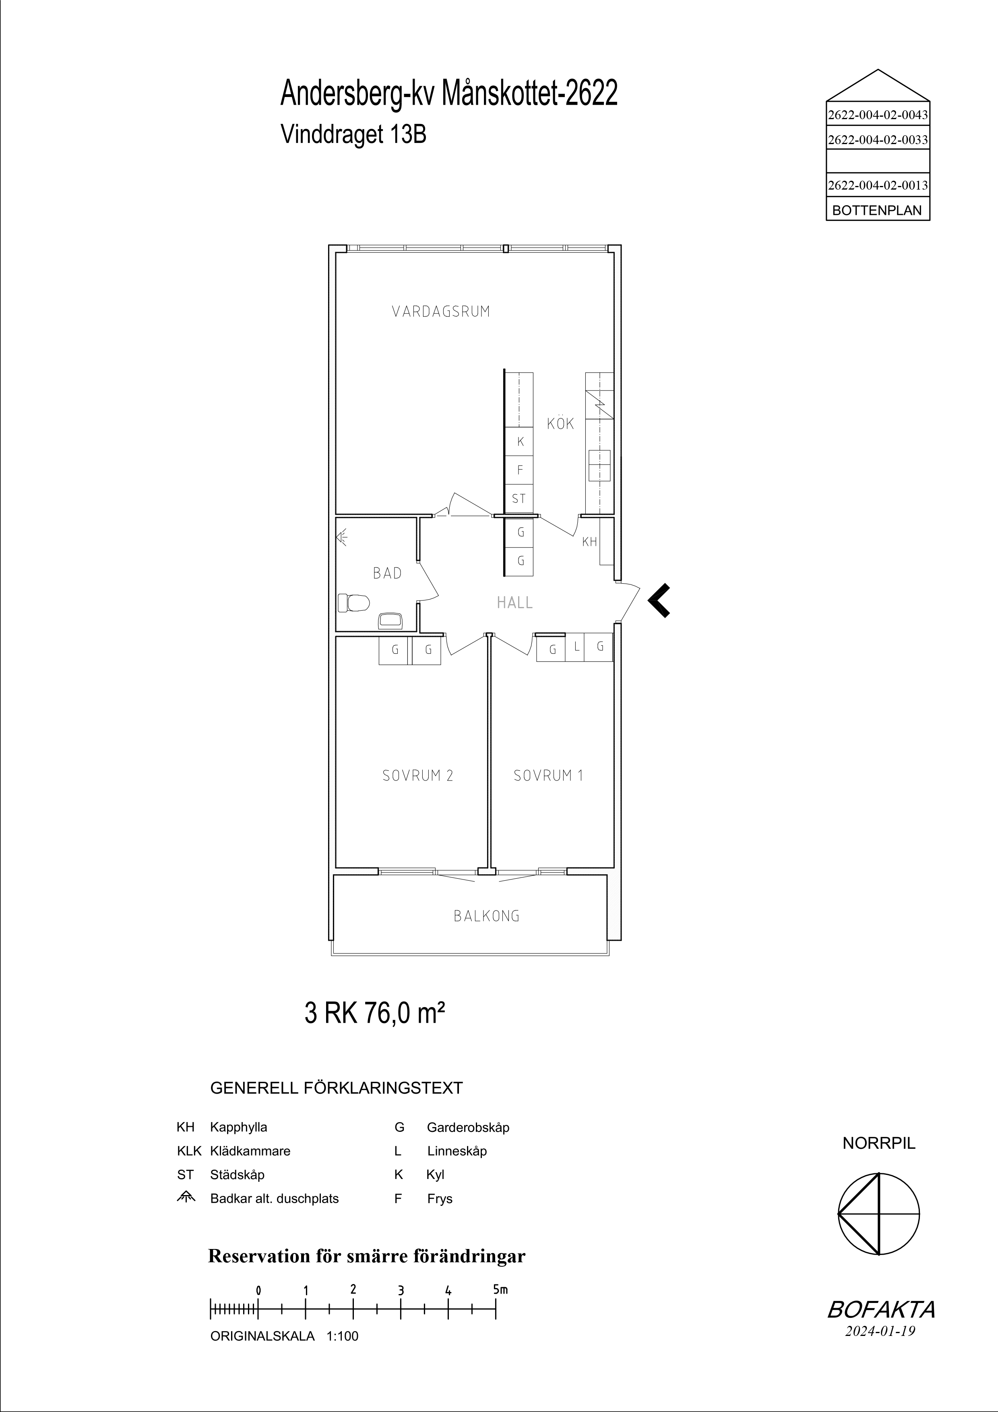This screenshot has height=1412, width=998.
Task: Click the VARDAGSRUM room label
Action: point(441,311)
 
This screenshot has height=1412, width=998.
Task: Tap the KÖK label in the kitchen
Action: point(560,423)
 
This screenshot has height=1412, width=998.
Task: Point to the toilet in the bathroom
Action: point(353,603)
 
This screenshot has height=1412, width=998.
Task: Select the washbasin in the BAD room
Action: point(390,621)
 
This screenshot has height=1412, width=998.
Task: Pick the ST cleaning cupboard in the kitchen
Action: point(519,499)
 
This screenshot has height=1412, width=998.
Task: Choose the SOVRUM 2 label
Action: point(417,776)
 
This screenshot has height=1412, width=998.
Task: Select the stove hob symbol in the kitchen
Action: point(599,465)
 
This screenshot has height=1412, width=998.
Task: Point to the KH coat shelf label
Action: point(589,542)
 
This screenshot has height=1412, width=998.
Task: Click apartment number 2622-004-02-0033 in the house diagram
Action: point(878,140)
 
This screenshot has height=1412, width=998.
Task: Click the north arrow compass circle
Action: point(879,1215)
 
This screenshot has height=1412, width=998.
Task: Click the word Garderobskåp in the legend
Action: point(468,1128)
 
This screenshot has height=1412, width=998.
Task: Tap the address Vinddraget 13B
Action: point(353,134)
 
